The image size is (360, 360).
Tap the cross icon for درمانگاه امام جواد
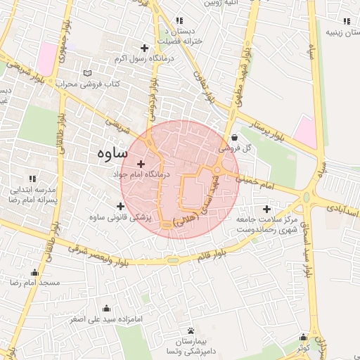(141, 163)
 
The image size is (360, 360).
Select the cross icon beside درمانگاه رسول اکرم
(144, 48)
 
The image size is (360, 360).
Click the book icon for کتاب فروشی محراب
(87, 73)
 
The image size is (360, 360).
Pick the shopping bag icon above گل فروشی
(233, 138)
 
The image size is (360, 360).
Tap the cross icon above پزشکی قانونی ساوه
(120, 206)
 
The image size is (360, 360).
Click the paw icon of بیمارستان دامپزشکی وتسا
(191, 330)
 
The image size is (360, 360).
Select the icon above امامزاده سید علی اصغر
(107, 308)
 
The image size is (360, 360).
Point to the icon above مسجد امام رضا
(34, 273)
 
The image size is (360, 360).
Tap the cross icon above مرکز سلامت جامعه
(266, 209)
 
